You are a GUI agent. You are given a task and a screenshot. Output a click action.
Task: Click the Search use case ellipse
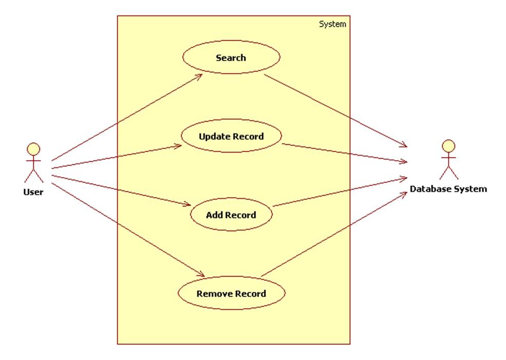[x=231, y=58]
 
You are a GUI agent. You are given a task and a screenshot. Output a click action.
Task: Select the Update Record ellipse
[x=231, y=137]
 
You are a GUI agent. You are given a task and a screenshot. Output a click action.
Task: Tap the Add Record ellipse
[x=231, y=215]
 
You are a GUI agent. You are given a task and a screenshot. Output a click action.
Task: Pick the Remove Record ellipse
[x=231, y=294]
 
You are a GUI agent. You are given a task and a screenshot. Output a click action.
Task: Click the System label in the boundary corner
[x=333, y=24]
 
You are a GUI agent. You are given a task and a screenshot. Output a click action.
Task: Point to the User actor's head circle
[x=34, y=149]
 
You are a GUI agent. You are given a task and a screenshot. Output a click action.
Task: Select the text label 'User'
[x=33, y=192]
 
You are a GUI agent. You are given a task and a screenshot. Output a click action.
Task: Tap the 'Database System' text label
[x=448, y=189]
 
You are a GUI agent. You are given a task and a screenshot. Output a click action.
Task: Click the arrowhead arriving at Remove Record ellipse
[x=203, y=275]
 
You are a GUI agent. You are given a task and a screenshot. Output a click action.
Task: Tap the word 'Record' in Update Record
[x=248, y=137]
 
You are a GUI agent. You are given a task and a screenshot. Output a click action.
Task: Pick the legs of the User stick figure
[x=34, y=175]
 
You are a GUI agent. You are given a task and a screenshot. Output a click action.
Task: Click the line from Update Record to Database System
[x=344, y=153]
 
